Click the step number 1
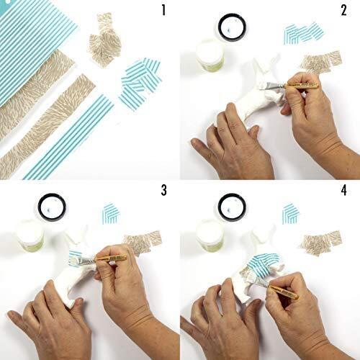pyautogui.click(x=163, y=11)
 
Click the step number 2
pyautogui.click(x=343, y=11)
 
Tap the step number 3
pyautogui.click(x=163, y=190)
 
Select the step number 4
pyautogui.click(x=344, y=190)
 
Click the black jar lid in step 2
pyautogui.click(x=233, y=27)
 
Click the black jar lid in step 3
pyautogui.click(x=52, y=207)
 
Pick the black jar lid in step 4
pyautogui.click(x=232, y=207)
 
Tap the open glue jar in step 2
pyautogui.click(x=210, y=55)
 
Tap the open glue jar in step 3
pyautogui.click(x=30, y=235)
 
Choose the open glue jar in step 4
pyautogui.click(x=210, y=235)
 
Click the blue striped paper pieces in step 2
pyautogui.click(x=304, y=34)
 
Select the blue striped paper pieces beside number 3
pyautogui.click(x=111, y=214)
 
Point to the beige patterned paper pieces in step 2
pyautogui.click(x=321, y=62)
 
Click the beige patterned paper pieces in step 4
pyautogui.click(x=321, y=242)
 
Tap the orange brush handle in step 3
pyautogui.click(x=111, y=258)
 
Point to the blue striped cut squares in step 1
pyautogui.click(x=140, y=83)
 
